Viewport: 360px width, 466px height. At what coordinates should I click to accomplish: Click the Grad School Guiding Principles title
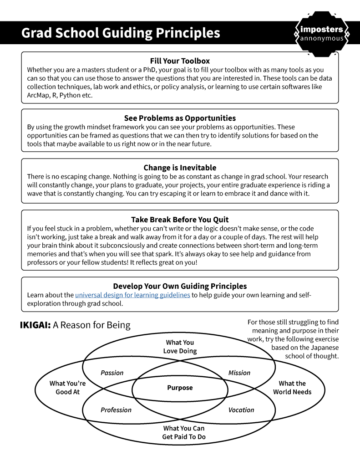click(121, 33)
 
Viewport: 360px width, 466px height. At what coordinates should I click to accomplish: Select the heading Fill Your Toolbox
click(180, 61)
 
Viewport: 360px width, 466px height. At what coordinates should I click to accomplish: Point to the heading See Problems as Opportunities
click(180, 118)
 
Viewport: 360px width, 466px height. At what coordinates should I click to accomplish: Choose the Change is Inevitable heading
click(180, 168)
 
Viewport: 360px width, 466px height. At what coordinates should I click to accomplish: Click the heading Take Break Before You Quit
click(180, 220)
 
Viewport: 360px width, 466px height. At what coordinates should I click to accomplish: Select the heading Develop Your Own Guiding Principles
click(180, 286)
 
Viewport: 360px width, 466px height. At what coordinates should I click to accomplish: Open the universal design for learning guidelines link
click(132, 295)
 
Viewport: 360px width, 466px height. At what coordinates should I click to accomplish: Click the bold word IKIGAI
click(35, 325)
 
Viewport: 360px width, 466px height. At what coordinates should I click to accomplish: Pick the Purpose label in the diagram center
click(180, 388)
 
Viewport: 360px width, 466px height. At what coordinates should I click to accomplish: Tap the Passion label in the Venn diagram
click(112, 373)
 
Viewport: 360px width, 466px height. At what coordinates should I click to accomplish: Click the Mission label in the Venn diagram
click(239, 373)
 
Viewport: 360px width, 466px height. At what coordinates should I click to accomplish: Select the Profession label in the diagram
click(116, 410)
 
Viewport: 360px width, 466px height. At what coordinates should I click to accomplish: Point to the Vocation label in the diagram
click(241, 410)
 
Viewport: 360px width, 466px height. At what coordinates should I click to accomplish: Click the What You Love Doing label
click(180, 347)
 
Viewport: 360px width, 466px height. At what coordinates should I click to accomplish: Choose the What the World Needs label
click(292, 388)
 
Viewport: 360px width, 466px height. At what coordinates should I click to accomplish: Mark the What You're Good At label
click(67, 388)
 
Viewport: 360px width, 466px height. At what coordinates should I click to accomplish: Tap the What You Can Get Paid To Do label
click(183, 432)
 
